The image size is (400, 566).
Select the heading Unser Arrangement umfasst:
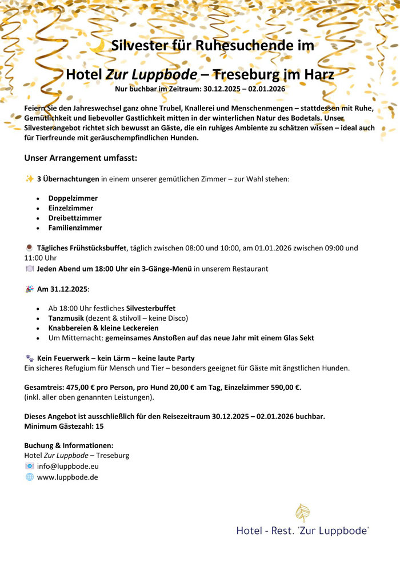81,158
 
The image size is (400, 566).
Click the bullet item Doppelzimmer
73,198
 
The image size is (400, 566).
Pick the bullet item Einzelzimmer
71,208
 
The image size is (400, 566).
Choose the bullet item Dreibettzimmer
75,218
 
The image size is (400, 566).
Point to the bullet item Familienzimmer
75,228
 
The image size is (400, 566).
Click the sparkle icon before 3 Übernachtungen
30,179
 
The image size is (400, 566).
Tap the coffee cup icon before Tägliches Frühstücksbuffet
30,248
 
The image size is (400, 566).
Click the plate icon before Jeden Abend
30,269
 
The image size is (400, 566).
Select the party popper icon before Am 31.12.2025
30,289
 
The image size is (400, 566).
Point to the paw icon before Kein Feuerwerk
30,358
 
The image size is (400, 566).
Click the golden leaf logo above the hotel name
302,513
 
